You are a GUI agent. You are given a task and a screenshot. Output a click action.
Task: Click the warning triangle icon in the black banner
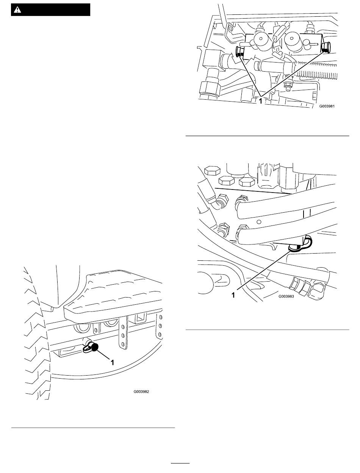click(17, 10)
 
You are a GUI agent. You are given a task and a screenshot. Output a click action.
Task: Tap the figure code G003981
click(327, 106)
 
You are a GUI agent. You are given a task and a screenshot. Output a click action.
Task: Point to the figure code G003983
click(286, 296)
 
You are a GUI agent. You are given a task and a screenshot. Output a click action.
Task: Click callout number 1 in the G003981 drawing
click(260, 101)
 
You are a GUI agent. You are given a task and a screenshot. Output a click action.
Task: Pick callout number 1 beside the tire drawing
click(112, 362)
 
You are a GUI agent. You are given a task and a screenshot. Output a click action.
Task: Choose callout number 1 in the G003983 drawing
click(233, 295)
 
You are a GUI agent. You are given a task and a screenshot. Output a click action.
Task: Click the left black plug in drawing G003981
click(239, 52)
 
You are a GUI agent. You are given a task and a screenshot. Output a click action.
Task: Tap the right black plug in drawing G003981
click(324, 47)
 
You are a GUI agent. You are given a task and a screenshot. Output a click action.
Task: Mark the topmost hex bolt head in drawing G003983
click(213, 171)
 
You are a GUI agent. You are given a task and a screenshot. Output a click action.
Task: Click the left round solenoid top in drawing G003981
click(261, 39)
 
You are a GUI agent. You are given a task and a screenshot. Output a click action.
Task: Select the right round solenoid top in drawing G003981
click(291, 39)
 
